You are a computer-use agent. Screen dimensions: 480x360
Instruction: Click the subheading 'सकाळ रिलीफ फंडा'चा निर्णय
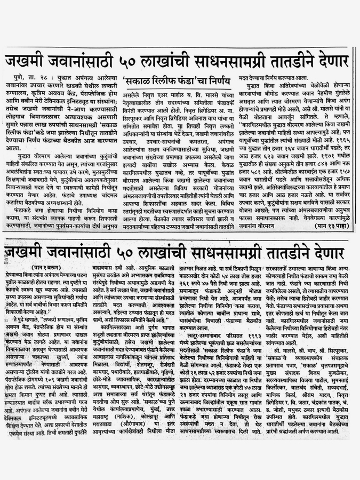pyautogui.click(x=177, y=82)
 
